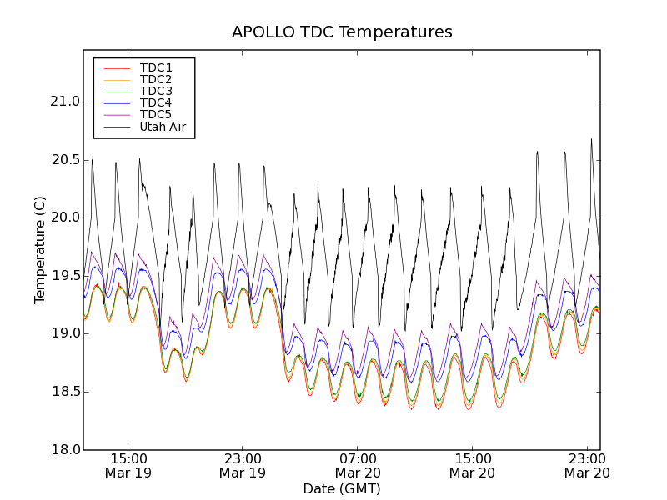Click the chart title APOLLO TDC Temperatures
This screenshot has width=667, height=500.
342,32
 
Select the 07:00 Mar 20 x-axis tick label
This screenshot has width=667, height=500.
358,465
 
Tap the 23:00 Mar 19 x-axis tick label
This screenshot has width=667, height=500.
243,465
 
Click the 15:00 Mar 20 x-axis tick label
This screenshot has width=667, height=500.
473,465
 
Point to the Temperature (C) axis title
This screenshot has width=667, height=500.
40,249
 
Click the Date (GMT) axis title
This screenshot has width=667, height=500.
342,488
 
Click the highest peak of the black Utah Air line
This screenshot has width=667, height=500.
591,139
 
